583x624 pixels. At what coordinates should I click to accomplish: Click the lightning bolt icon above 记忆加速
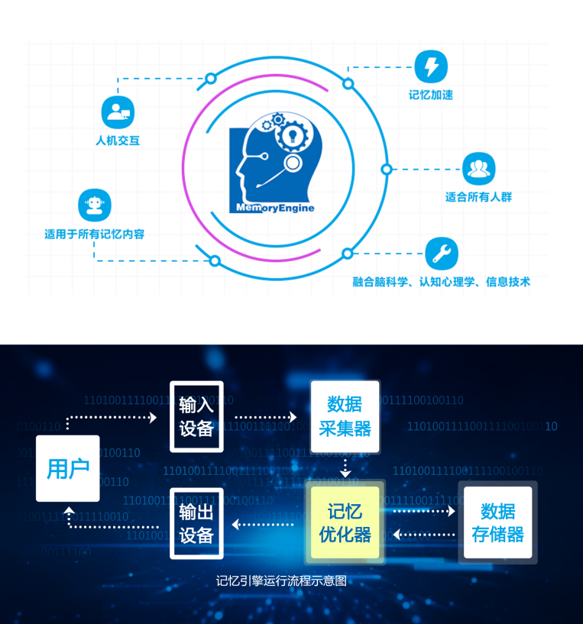click(x=431, y=66)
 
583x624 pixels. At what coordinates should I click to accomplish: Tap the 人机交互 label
click(x=118, y=141)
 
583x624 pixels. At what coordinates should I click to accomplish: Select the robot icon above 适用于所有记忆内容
click(x=95, y=205)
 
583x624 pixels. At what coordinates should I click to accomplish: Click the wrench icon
click(x=442, y=254)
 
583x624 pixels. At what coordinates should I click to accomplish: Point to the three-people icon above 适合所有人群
click(x=478, y=169)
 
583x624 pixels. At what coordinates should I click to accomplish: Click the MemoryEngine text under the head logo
click(x=275, y=208)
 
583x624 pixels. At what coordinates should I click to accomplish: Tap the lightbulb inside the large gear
click(x=293, y=135)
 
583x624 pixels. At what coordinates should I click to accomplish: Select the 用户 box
click(x=68, y=468)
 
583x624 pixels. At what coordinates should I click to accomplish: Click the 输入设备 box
click(x=196, y=417)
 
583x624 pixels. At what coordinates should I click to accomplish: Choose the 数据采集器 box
click(x=345, y=416)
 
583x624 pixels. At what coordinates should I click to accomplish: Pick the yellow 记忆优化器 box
click(x=345, y=522)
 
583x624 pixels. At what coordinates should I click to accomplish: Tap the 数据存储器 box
click(x=497, y=522)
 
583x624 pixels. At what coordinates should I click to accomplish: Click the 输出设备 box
click(x=196, y=523)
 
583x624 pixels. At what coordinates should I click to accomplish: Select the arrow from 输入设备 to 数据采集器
click(x=266, y=417)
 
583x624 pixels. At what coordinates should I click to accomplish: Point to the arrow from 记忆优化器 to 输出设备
click(x=262, y=525)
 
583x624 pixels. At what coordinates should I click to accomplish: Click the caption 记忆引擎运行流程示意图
click(x=281, y=581)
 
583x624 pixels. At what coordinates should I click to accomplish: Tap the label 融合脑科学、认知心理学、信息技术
click(x=441, y=282)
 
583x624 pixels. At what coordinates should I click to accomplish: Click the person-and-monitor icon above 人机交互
click(x=118, y=112)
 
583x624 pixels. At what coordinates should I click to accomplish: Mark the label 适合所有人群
click(x=478, y=197)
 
